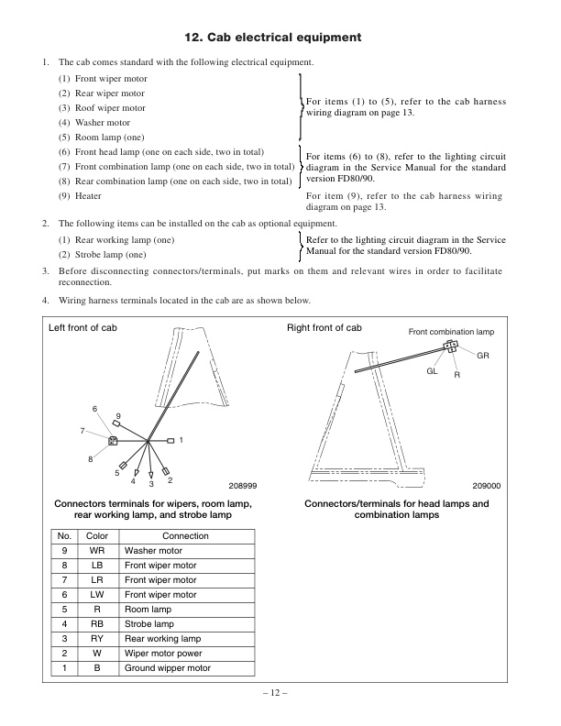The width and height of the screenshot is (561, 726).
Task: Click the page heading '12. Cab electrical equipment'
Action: click(x=280, y=38)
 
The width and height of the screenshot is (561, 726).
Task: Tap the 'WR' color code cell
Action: click(x=96, y=551)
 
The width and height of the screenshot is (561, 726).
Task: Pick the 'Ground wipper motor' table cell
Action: click(x=167, y=668)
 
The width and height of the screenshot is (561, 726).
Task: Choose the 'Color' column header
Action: click(x=96, y=536)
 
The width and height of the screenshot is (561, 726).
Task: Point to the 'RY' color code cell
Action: click(x=96, y=639)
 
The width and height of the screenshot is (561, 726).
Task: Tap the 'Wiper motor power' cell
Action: click(x=162, y=654)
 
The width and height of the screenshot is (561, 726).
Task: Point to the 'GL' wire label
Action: click(x=432, y=371)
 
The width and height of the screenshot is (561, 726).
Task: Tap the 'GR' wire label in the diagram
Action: click(x=483, y=354)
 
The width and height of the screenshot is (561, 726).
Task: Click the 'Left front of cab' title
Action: click(x=82, y=328)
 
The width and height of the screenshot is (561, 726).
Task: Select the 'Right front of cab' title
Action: click(x=324, y=328)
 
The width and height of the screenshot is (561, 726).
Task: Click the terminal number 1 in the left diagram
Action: click(x=181, y=441)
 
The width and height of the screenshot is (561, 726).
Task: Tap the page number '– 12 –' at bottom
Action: click(x=280, y=694)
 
